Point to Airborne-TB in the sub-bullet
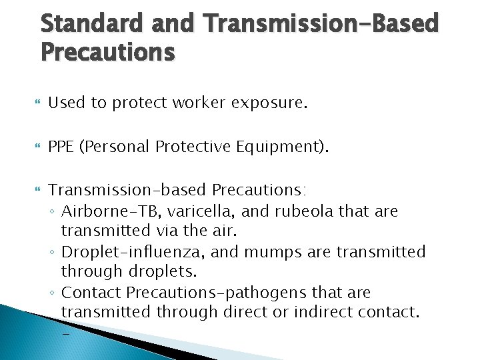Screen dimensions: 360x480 click(121, 212)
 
